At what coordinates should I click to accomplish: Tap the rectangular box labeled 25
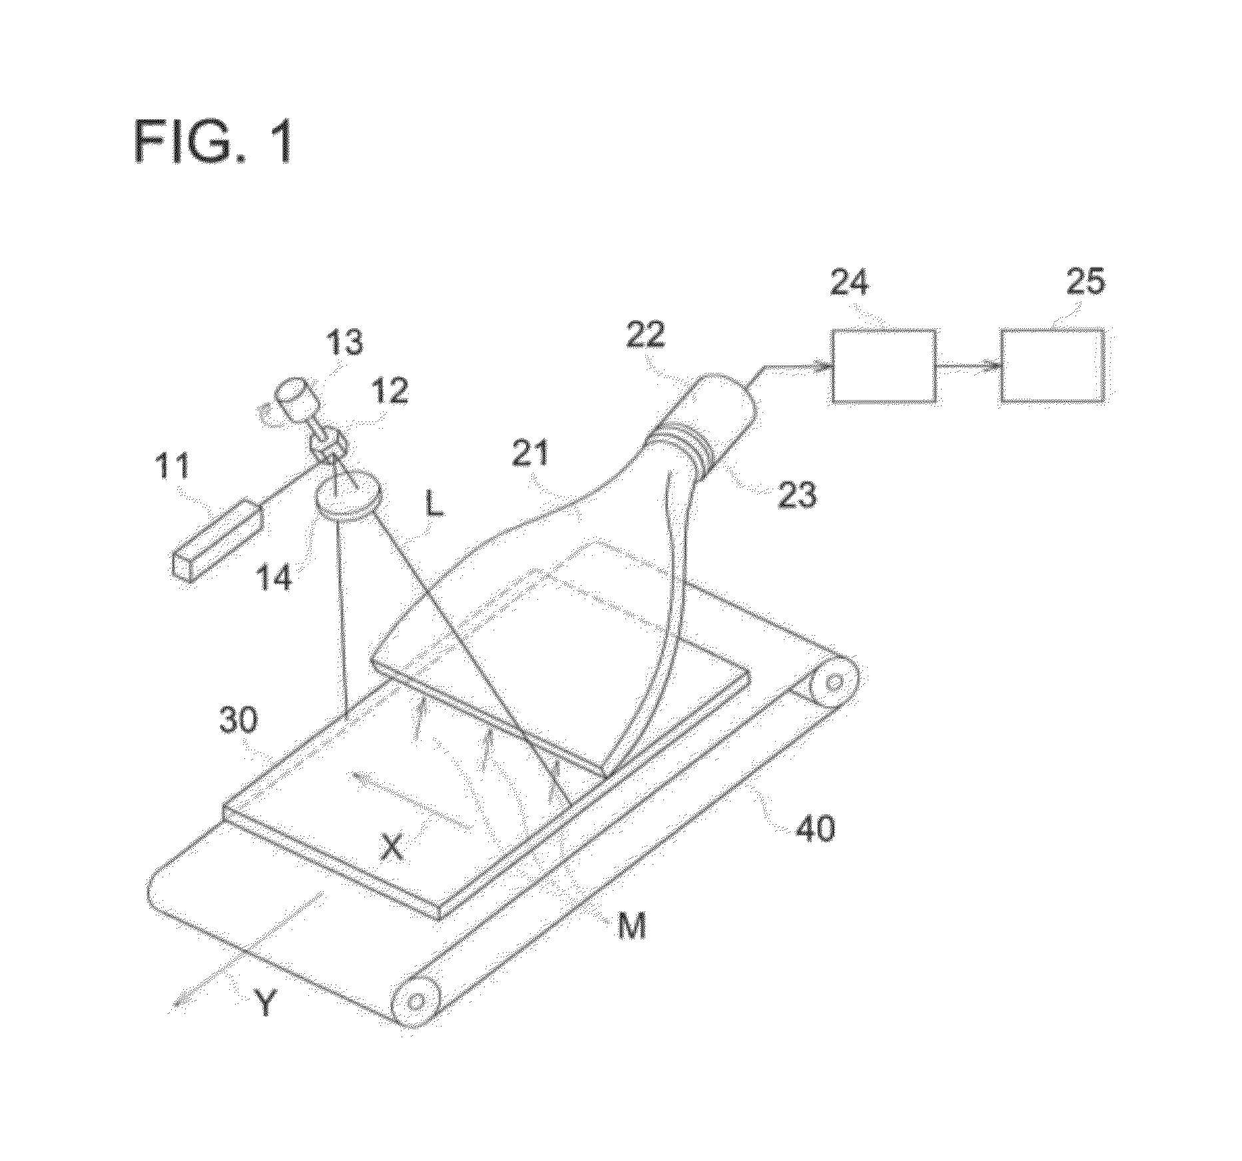click(x=1052, y=365)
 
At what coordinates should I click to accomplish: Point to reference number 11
click(x=174, y=466)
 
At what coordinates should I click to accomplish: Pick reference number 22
click(x=645, y=335)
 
